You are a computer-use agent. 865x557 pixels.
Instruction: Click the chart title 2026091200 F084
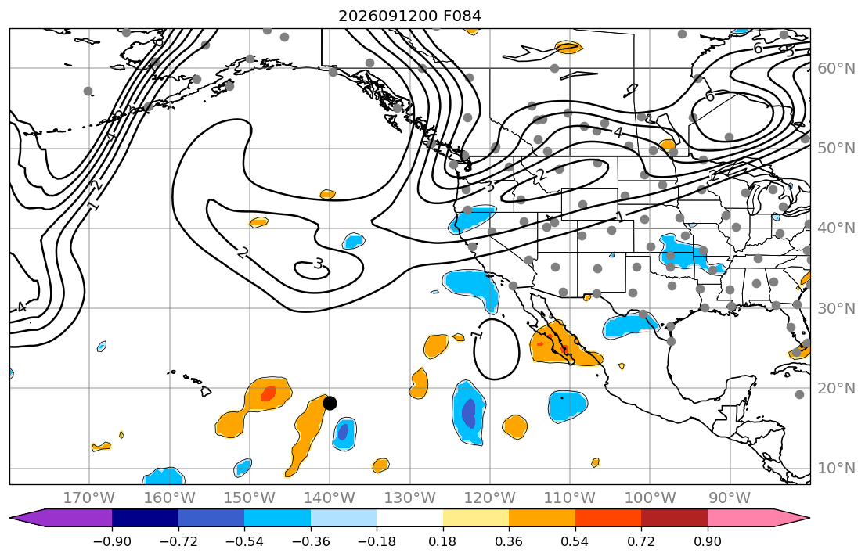coord(409,16)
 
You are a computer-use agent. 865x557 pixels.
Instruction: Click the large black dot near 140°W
coord(330,403)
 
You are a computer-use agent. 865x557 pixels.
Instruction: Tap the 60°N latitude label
coord(836,68)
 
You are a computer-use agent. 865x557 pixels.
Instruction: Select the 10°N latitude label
coord(836,469)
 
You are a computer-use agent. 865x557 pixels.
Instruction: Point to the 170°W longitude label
coord(89,498)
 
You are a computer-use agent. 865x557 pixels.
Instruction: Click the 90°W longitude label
coord(730,498)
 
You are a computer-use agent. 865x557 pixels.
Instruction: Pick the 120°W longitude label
coord(490,498)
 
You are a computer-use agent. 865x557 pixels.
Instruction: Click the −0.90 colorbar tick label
coord(112,541)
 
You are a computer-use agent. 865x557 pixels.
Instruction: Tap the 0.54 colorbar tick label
coord(575,541)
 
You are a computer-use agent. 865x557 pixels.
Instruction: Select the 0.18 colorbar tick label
coord(443,541)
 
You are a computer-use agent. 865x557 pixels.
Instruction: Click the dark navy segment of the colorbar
coord(145,518)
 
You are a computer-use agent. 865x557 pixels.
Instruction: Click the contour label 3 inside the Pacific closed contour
coord(319,264)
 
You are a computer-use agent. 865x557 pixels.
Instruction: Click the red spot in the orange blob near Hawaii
coord(268,393)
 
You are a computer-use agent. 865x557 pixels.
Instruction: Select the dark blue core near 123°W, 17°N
coord(468,412)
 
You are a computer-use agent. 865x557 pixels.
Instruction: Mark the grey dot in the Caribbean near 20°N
coord(799,394)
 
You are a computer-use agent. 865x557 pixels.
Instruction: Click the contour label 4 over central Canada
coord(618,132)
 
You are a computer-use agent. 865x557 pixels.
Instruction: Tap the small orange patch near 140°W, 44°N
coord(328,194)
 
